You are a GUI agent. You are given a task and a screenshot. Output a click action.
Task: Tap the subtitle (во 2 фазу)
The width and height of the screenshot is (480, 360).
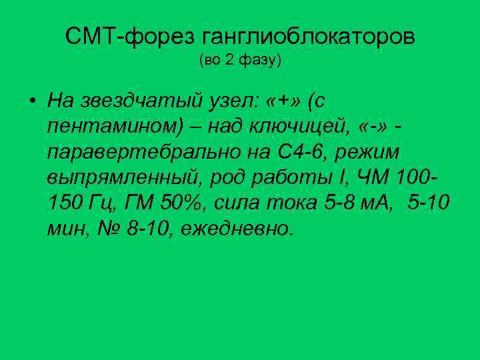coord(240,61)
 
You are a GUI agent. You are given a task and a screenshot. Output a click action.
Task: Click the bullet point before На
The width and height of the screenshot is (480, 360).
coord(31,101)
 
